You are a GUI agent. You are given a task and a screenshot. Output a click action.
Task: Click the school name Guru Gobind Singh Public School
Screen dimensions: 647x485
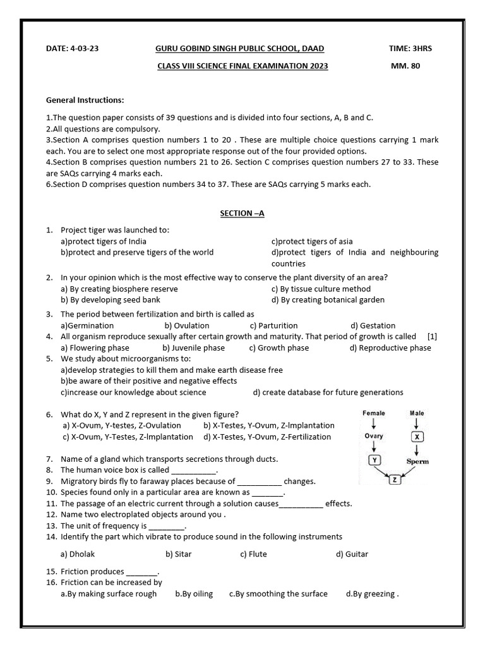point(239,49)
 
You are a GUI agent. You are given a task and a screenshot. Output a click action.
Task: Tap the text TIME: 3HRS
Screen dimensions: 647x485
point(410,49)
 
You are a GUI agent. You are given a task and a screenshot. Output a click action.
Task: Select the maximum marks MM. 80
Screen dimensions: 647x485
point(405,66)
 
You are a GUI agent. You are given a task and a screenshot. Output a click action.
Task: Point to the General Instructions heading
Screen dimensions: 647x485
point(85,100)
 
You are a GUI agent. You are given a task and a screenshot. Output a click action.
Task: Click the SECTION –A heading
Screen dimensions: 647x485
point(242,214)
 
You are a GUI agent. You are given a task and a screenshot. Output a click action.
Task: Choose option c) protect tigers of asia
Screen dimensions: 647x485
point(312,241)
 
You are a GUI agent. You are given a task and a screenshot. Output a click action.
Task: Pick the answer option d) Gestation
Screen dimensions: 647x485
point(373,325)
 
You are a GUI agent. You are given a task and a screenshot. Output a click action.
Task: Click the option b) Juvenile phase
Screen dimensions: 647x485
point(193,348)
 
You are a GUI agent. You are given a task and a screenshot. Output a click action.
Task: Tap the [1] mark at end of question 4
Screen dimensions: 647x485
point(432,337)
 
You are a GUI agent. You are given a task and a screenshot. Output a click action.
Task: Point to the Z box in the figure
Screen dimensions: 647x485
point(395,480)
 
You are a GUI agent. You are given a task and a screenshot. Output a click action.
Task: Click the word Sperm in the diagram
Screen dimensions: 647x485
point(417,461)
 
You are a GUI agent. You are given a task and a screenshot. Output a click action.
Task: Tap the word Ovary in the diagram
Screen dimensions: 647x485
point(374,436)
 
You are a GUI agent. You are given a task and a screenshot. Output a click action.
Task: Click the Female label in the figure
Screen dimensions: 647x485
point(374,413)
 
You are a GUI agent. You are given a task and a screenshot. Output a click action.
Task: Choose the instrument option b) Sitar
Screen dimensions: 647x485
point(179,554)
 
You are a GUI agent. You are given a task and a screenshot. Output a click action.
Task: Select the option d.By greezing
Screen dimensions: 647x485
point(372,594)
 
